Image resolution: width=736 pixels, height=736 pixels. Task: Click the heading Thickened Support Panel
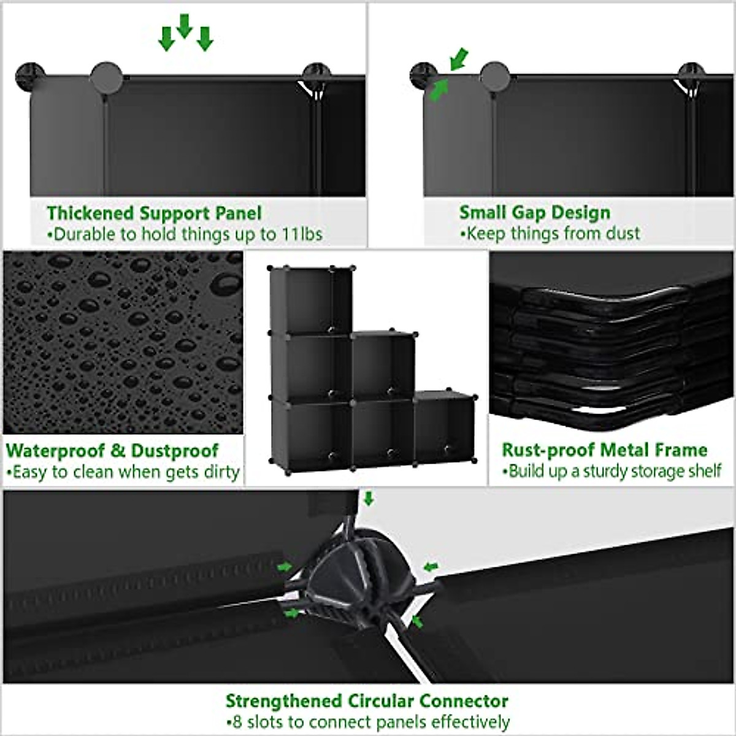coord(154,213)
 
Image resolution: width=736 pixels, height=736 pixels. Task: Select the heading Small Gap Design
coord(535,212)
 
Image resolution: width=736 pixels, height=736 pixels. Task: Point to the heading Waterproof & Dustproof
coord(112,450)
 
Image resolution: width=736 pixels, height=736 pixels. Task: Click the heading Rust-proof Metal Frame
coord(604,450)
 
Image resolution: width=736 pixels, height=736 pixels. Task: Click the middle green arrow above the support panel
coord(185,26)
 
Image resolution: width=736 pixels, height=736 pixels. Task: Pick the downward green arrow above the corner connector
coord(368,498)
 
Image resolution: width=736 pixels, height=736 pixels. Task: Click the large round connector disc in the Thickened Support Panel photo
coord(106,77)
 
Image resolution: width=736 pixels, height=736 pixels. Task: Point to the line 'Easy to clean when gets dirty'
coord(123,472)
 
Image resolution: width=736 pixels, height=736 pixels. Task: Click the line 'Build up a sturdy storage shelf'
coord(611,471)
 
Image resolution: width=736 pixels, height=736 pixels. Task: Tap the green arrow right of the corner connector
coord(431,565)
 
